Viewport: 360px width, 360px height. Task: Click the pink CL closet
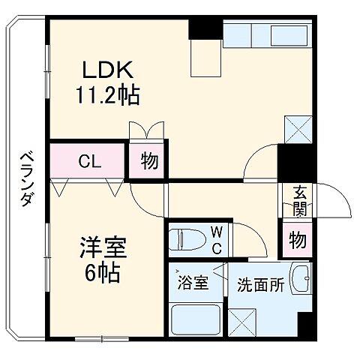86,160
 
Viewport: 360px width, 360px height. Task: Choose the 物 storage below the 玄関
298,241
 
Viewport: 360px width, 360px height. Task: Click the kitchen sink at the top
266,35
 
